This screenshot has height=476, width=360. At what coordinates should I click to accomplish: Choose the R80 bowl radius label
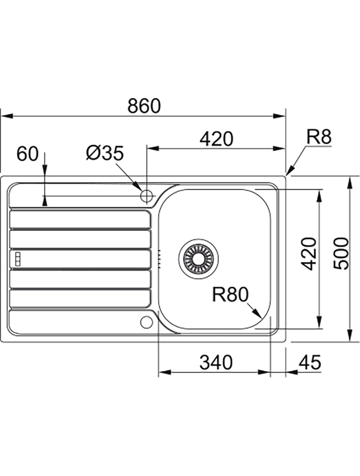(x=230, y=295)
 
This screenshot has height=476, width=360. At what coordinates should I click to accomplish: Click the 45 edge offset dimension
(x=310, y=362)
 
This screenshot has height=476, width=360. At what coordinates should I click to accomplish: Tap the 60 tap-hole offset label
(x=27, y=154)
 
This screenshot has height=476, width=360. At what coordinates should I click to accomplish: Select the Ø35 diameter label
(x=104, y=154)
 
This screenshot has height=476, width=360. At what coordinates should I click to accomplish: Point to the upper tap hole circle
(x=147, y=196)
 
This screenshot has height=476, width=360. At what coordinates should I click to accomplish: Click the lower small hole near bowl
(x=146, y=322)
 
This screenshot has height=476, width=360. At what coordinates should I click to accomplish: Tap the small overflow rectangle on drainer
(x=18, y=259)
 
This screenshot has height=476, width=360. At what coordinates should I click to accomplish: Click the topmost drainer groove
(x=80, y=219)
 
